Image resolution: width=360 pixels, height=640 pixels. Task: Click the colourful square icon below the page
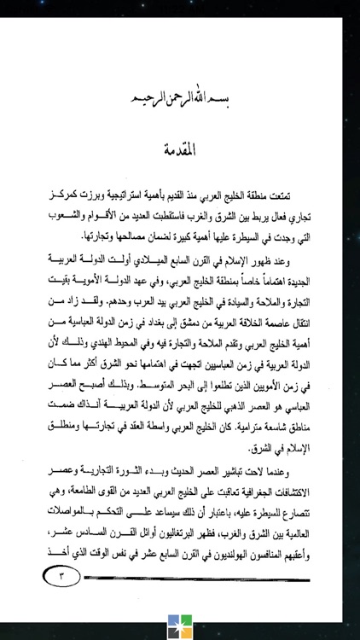(x=180, y=620)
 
